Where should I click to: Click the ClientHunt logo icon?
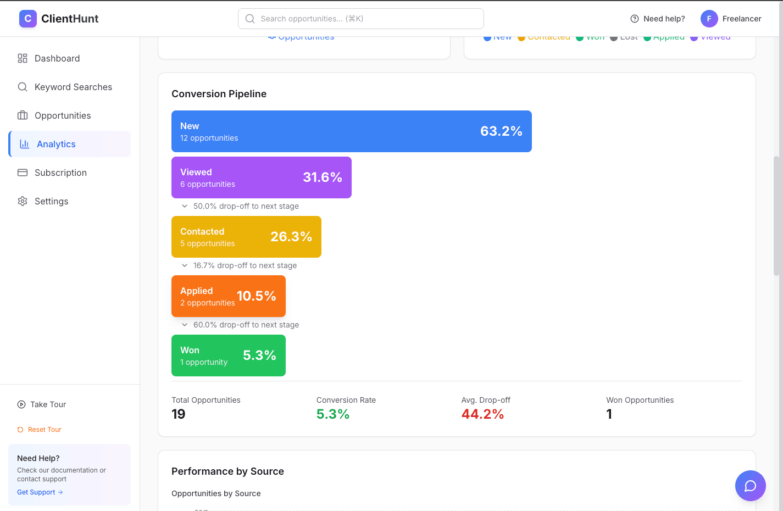click(28, 19)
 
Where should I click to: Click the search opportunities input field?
click(360, 19)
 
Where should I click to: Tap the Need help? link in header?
click(658, 19)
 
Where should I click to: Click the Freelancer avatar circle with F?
click(709, 19)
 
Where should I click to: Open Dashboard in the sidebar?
click(57, 58)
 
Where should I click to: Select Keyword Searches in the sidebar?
click(73, 87)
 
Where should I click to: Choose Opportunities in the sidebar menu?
click(63, 115)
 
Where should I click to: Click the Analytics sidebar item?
click(56, 144)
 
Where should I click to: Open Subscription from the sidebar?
click(60, 173)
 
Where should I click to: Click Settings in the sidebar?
click(51, 201)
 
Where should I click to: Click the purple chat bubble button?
click(750, 486)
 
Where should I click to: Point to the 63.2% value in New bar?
click(501, 131)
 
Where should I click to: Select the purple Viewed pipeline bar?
click(261, 177)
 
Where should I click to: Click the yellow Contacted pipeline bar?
click(246, 237)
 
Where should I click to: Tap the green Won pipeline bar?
click(228, 356)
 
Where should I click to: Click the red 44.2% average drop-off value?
click(482, 414)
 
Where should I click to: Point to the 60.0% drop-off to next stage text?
click(246, 325)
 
